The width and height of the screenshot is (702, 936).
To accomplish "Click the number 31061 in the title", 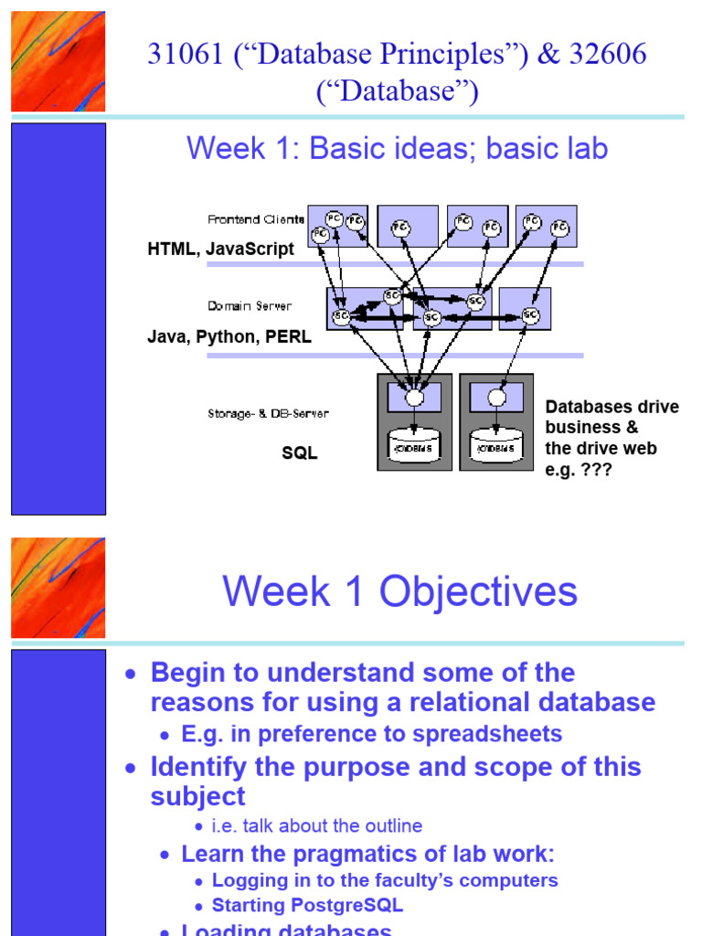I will pos(184,55).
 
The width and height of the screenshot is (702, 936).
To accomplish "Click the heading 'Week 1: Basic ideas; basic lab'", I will pos(397,148).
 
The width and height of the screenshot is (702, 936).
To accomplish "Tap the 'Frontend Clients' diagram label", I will pos(256,219).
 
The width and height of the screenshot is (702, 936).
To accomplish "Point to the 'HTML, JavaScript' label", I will pos(220,249).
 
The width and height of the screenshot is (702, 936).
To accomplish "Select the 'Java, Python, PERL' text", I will pos(229,336).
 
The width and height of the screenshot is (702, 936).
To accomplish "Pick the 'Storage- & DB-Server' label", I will pos(268,414).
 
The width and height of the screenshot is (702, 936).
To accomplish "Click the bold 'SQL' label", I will pos(299,453).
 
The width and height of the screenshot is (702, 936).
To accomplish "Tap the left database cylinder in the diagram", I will pos(414,447).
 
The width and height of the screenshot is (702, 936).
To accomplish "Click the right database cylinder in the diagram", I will pos(496,447).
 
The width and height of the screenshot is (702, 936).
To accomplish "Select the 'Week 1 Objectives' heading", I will pos(399,591).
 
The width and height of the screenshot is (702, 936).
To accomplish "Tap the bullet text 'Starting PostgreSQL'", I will pos(307,906).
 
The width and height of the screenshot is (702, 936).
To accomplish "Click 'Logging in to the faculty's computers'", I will pos(385,880).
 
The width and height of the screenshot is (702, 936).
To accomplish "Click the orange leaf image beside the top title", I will pos(58,61).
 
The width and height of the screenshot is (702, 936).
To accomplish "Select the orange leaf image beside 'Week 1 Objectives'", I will pos(58,588).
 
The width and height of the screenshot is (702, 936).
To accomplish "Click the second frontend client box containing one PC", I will pos(407,226).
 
